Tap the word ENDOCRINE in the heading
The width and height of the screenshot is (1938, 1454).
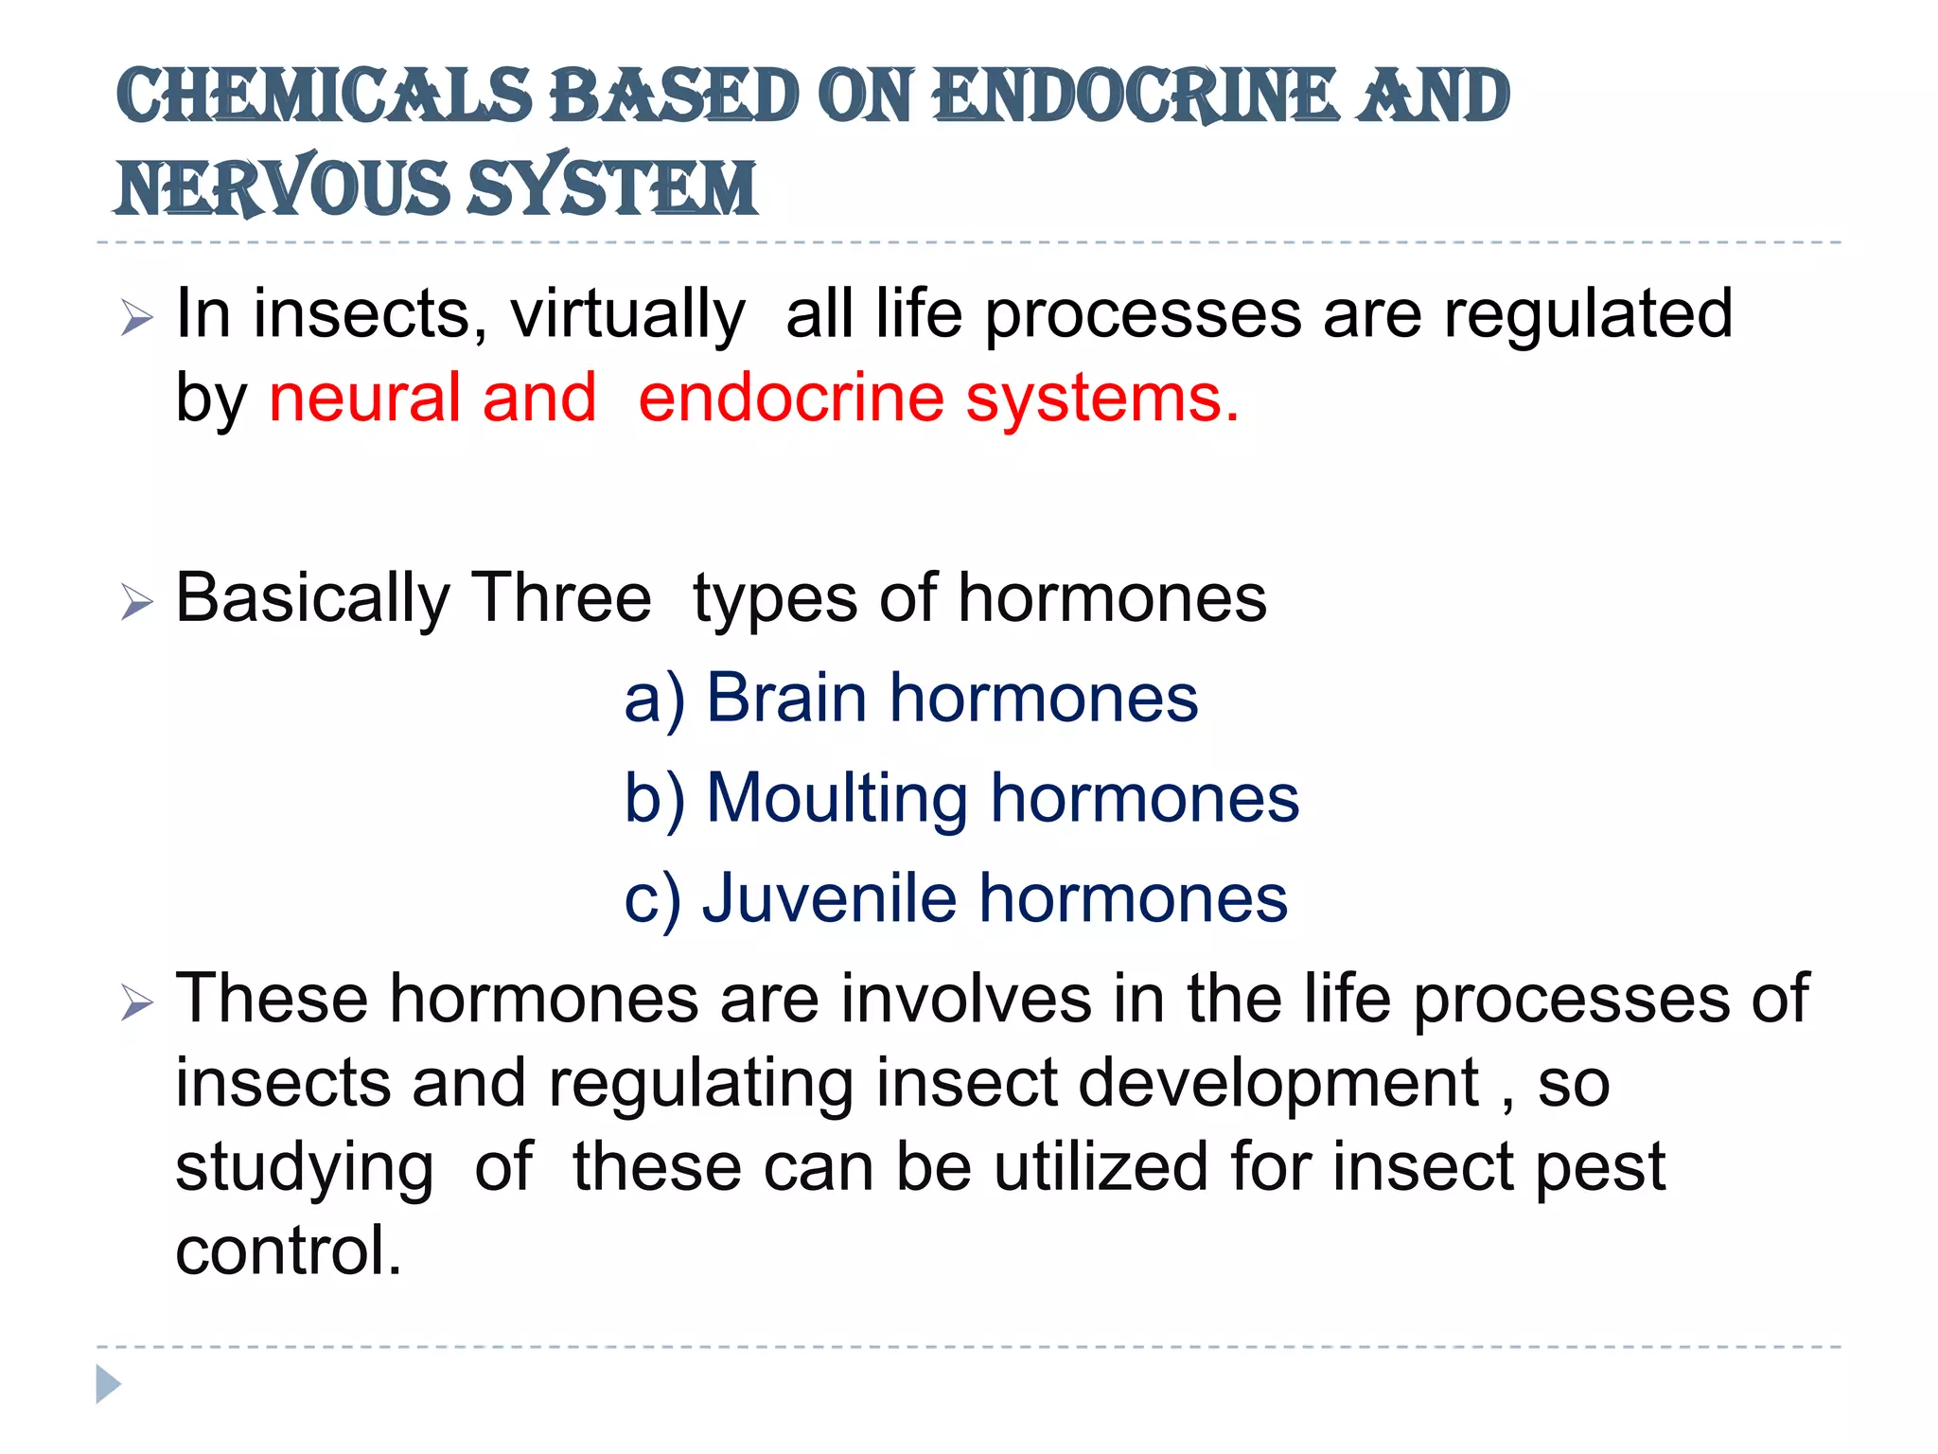click(1136, 97)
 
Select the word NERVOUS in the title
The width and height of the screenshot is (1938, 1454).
click(283, 187)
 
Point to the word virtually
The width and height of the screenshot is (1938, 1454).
click(627, 314)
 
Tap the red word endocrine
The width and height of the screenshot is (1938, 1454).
click(791, 398)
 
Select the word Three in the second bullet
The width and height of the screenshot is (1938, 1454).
click(560, 598)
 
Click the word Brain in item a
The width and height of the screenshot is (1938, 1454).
click(786, 699)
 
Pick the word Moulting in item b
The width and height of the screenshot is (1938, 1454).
click(837, 799)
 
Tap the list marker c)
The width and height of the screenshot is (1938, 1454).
click(652, 899)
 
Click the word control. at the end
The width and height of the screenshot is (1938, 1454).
click(289, 1251)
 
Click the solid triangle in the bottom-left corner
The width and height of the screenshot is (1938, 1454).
click(108, 1384)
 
